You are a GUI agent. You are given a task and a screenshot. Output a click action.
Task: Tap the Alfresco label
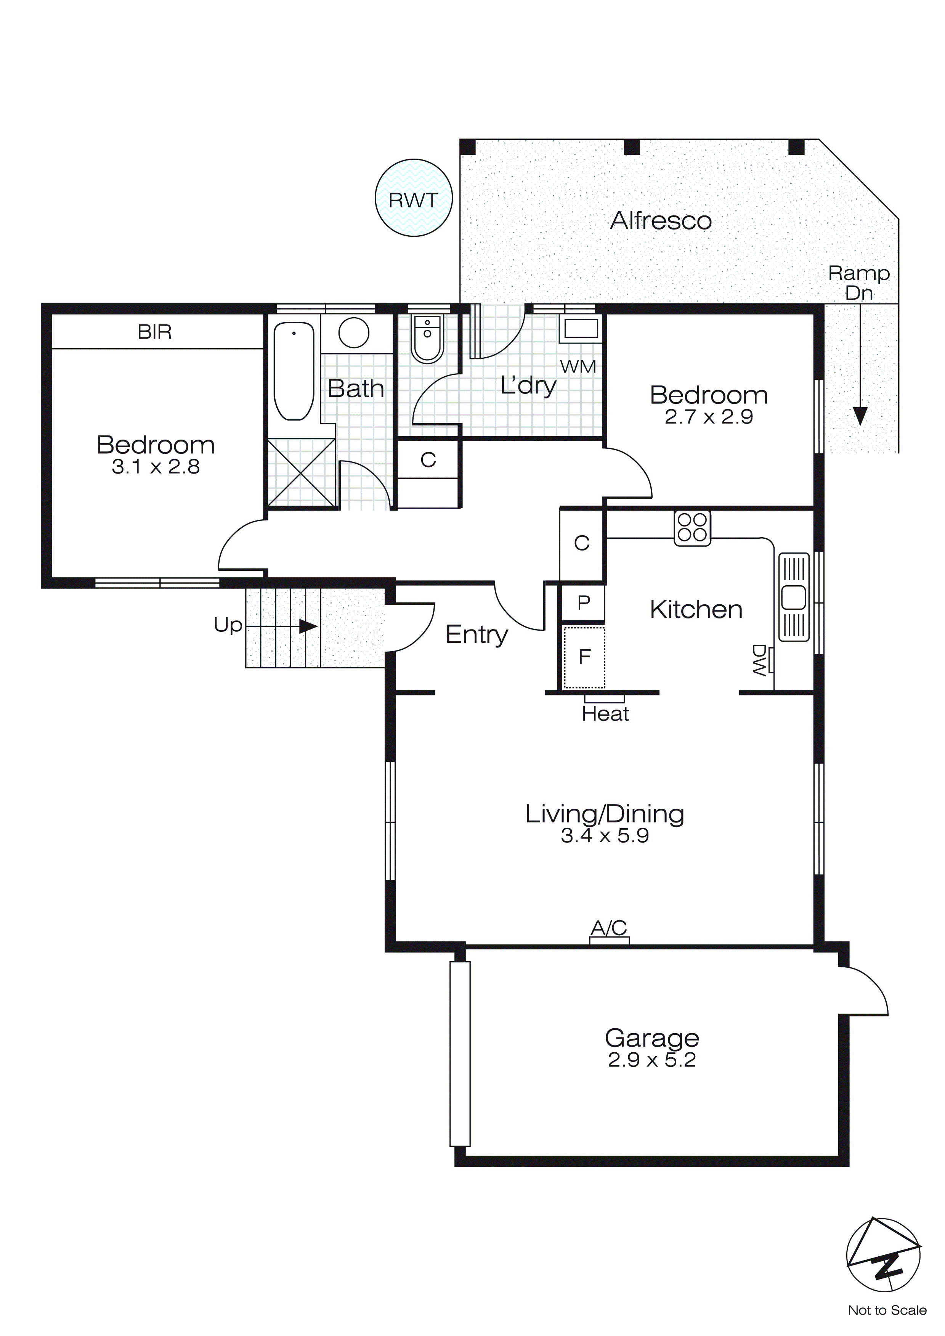pyautogui.click(x=661, y=220)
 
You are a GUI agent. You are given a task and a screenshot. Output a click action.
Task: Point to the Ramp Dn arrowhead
pyautogui.click(x=860, y=416)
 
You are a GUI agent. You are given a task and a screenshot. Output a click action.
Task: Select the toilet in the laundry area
pyautogui.click(x=427, y=339)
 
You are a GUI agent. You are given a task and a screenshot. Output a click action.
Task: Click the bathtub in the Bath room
pyautogui.click(x=294, y=371)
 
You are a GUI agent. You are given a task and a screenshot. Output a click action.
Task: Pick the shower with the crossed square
pyautogui.click(x=302, y=472)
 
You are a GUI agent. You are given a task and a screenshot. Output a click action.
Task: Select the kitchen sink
pyautogui.click(x=794, y=597)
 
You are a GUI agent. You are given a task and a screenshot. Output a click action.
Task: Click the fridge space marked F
pyautogui.click(x=584, y=657)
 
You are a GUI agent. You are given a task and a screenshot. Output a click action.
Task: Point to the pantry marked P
pyautogui.click(x=583, y=603)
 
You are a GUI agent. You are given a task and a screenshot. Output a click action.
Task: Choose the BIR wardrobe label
pyautogui.click(x=154, y=332)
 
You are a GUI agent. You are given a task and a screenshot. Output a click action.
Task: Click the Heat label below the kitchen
pyautogui.click(x=605, y=714)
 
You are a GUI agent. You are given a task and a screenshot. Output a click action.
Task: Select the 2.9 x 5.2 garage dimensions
pyautogui.click(x=652, y=1060)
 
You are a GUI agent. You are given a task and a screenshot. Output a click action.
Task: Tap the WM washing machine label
pyautogui.click(x=578, y=366)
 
